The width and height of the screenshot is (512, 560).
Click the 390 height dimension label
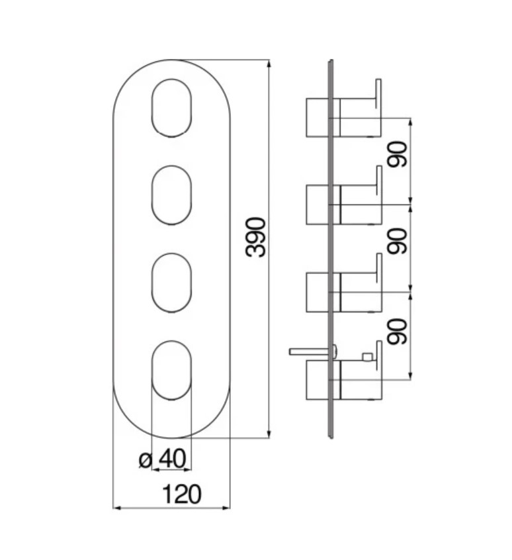tap(256, 237)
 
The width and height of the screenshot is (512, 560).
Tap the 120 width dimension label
tap(182, 494)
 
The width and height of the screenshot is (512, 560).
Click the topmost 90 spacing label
tap(397, 154)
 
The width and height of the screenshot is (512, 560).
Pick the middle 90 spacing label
tap(397, 242)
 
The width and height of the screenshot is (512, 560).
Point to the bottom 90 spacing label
tap(397, 332)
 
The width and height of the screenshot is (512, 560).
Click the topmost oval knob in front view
tap(171, 108)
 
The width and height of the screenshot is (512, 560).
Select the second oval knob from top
tap(171, 195)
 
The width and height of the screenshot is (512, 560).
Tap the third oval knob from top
tap(171, 283)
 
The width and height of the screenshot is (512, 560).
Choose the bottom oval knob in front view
tap(171, 371)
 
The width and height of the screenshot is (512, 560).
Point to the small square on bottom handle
tap(367, 357)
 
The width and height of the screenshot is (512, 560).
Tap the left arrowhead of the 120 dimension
tap(118, 508)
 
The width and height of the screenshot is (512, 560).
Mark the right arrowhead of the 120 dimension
tap(226, 508)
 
